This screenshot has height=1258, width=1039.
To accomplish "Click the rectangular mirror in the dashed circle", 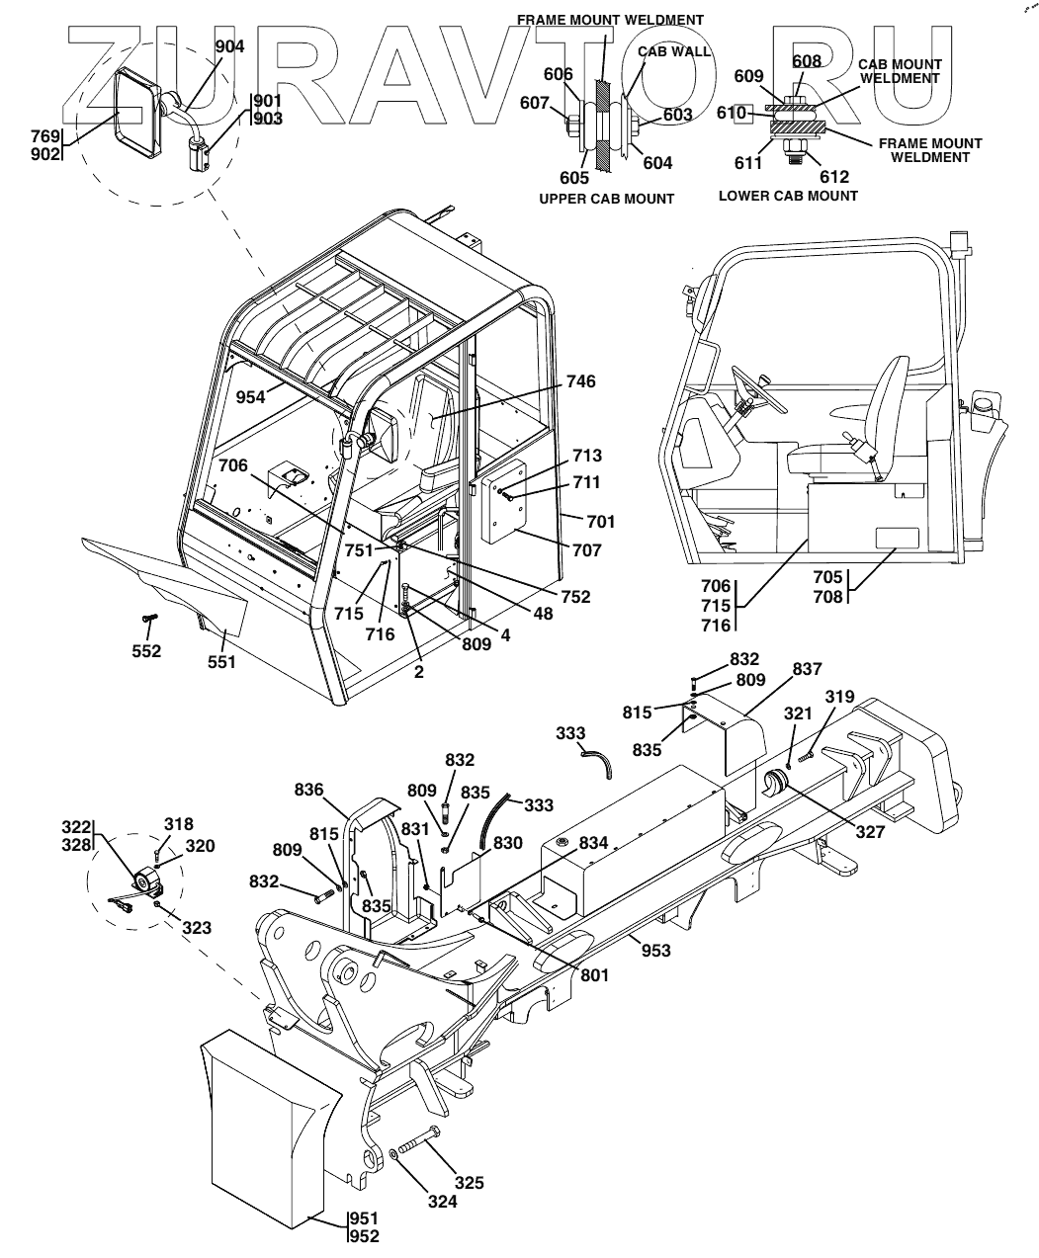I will coord(137,113).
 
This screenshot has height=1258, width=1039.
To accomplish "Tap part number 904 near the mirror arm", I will coord(230,46).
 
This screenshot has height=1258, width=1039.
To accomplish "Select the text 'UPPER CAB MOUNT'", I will coord(606,199).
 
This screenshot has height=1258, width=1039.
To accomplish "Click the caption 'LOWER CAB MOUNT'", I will coord(788,196).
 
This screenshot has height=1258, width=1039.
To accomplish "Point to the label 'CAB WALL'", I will coord(674,51).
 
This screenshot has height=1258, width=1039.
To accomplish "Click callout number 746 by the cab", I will coord(580,381).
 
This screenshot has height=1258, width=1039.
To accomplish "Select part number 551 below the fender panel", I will coord(222,661).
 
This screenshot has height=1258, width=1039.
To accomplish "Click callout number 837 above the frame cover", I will coord(807,670).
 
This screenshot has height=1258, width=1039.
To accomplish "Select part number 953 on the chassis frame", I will coord(655,951).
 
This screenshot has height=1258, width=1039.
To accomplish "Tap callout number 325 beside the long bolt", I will coord(470,1182).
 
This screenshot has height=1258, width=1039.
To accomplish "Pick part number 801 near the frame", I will coord(594,975).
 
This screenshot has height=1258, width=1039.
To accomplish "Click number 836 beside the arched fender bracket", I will coord(309,790).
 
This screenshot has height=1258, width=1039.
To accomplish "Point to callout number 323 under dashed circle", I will coord(196,928).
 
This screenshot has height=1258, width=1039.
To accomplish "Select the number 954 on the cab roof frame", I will coord(252,396).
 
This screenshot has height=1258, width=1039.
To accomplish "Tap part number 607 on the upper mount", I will coord(561,102).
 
